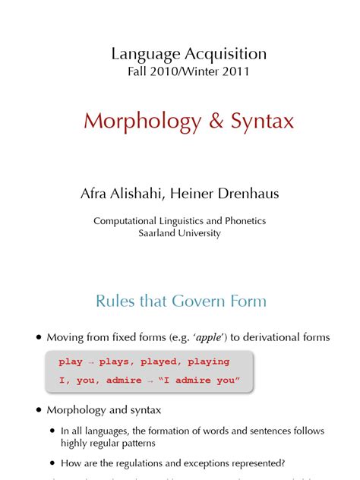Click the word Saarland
pos(159,234)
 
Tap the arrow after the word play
pos(90,362)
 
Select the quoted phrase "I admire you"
pos(194,381)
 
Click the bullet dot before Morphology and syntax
pos(37,411)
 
